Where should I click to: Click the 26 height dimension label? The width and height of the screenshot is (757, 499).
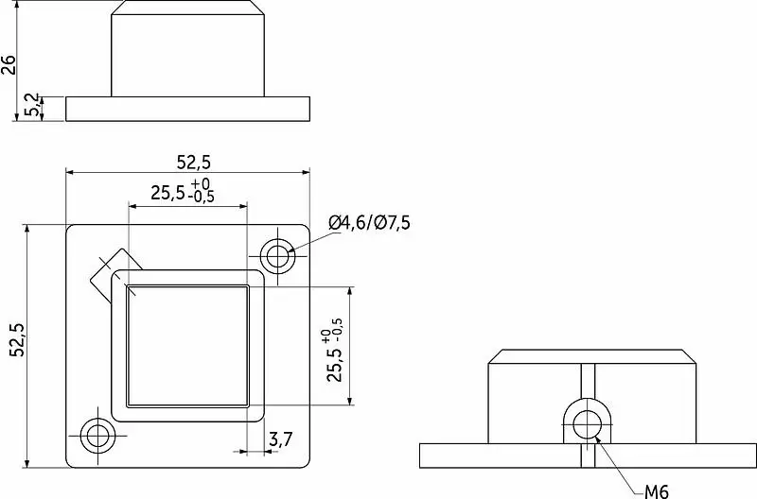9,64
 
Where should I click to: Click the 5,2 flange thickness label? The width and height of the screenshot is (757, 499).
33,104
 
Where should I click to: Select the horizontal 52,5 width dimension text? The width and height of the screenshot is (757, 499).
194,163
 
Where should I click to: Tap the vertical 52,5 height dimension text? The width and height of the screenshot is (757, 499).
18,339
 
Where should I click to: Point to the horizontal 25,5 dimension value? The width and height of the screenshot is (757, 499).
167,194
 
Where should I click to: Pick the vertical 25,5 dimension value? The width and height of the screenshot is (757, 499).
334,365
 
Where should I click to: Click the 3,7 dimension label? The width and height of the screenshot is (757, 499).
280,439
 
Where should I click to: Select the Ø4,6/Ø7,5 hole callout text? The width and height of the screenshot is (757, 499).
369,223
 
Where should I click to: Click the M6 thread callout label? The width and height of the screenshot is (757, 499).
657,491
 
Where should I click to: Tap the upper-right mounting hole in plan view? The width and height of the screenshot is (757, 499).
277,255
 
